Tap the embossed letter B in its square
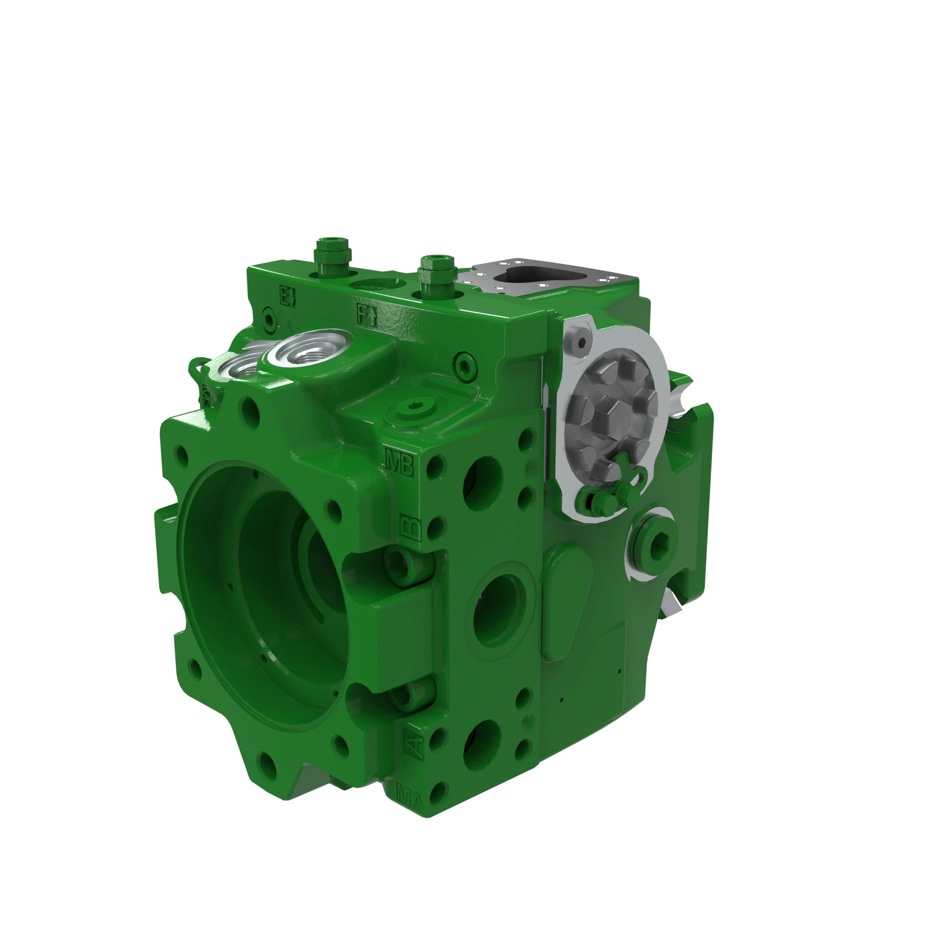pos(410,528)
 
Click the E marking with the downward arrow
pos(288,295)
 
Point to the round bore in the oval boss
pos(499,609)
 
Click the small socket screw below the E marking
pos(268,319)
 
